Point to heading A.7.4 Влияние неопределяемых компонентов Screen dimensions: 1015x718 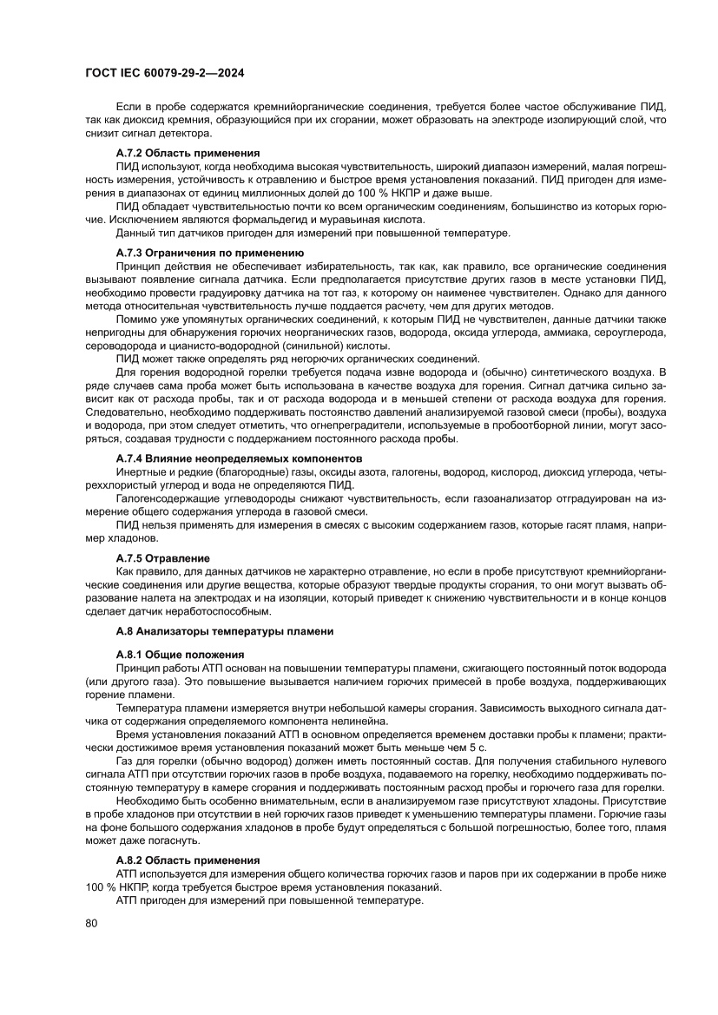coord(239,458)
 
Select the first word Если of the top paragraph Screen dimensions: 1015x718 coord(127,106)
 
